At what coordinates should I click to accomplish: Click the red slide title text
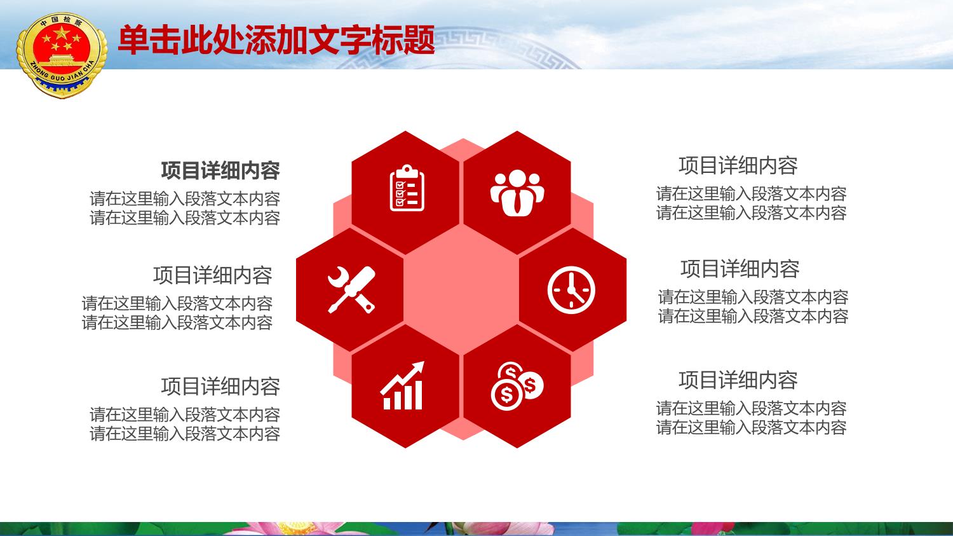(276, 40)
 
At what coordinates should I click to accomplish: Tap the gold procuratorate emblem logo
(62, 55)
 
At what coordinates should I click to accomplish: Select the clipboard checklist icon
(407, 188)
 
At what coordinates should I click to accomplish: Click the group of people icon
(517, 193)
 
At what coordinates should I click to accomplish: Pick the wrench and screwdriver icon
(351, 289)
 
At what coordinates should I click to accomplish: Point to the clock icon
(571, 290)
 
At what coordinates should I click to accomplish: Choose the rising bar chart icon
(402, 386)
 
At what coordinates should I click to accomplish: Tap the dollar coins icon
(517, 386)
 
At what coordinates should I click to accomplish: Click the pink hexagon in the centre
(462, 289)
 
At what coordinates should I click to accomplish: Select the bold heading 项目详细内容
(220, 171)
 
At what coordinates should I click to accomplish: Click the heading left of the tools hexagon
(213, 275)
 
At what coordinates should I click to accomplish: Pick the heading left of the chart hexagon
(220, 386)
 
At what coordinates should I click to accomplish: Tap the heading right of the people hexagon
(738, 165)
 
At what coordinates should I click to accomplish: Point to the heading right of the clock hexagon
(740, 269)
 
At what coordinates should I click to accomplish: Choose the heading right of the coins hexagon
(738, 380)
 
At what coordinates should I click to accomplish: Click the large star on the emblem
(61, 33)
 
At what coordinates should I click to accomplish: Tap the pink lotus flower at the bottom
(298, 528)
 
